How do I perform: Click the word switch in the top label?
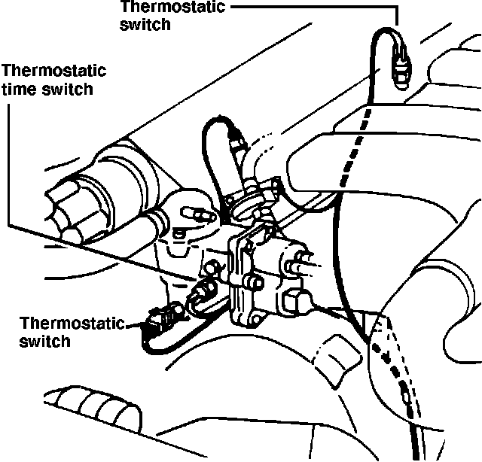[x=145, y=23]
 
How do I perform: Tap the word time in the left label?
[x=17, y=90]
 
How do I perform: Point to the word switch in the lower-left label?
[x=44, y=340]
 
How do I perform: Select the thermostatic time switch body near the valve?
[x=204, y=290]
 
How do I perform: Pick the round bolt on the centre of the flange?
[x=254, y=284]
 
